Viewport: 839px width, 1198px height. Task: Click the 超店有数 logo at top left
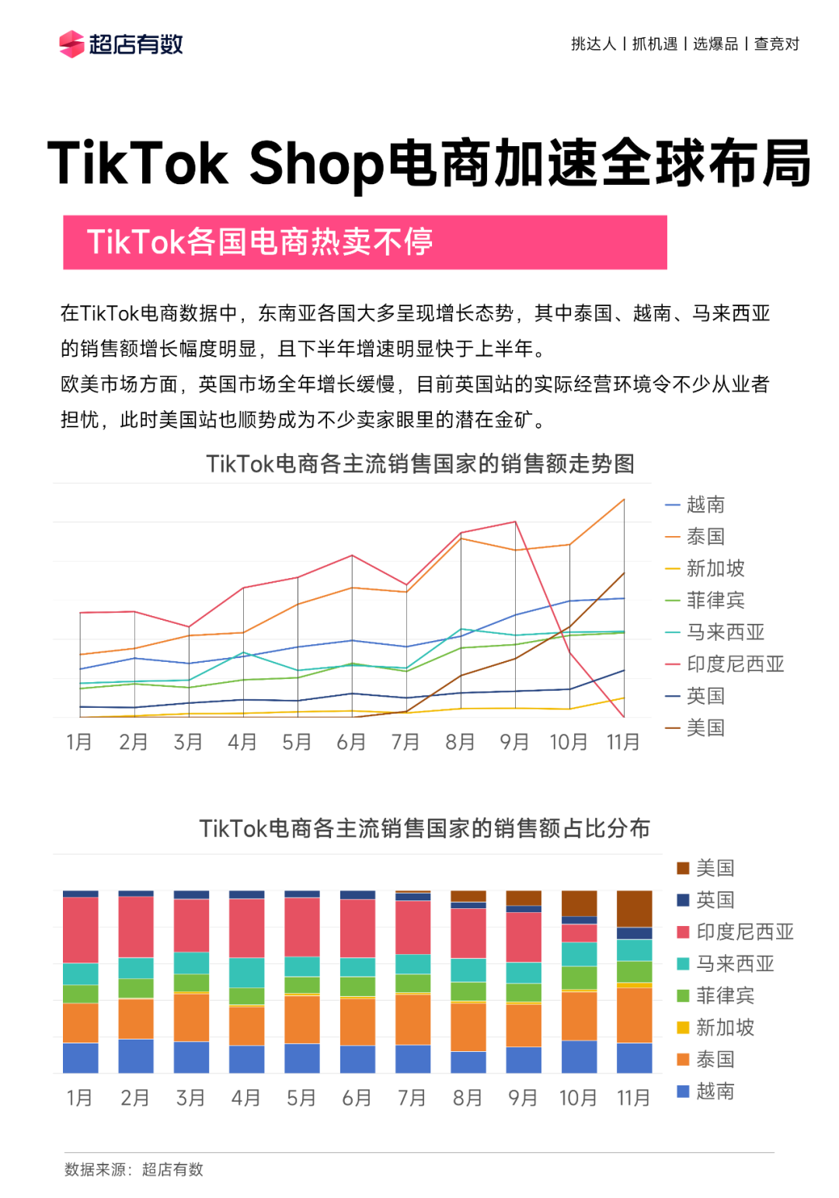point(121,44)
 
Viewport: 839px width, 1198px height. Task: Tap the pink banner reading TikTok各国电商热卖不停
point(364,242)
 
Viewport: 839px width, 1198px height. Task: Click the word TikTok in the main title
point(138,164)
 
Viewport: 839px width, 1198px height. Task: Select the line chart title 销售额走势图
point(420,464)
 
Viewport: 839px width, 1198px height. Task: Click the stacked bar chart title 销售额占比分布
point(424,828)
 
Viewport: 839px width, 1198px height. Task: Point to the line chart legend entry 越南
point(705,505)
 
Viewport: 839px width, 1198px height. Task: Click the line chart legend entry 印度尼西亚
point(734,664)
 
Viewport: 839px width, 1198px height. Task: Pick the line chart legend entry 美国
point(705,728)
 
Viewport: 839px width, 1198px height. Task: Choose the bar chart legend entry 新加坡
point(724,1028)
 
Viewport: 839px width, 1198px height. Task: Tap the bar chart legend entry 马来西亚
point(734,964)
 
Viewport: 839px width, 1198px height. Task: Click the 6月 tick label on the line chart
point(351,742)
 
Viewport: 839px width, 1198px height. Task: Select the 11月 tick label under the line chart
point(623,742)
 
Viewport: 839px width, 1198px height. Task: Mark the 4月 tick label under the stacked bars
point(245,1098)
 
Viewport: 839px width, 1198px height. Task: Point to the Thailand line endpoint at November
point(624,500)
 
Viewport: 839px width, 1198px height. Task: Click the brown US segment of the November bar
point(634,908)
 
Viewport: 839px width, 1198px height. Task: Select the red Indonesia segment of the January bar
point(80,929)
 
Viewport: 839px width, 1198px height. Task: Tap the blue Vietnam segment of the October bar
point(579,1057)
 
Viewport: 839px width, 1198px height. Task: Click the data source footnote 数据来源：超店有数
point(134,1169)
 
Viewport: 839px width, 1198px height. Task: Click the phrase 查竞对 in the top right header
point(776,44)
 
